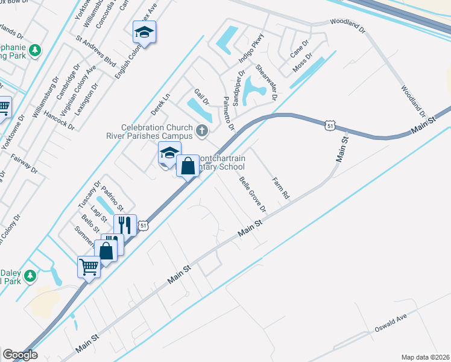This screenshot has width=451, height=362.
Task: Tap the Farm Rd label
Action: click(281, 188)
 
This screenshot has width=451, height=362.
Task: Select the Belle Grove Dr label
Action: click(253, 194)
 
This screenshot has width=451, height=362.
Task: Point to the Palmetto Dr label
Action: click(228, 113)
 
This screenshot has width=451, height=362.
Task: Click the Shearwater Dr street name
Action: click(265, 82)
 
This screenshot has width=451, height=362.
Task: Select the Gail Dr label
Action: click(201, 97)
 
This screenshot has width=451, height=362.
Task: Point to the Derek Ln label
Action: click(161, 103)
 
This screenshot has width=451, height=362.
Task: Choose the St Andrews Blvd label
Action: click(96, 53)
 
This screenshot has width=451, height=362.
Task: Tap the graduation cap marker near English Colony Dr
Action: click(145, 31)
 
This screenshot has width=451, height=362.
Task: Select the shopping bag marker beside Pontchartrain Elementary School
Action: click(188, 164)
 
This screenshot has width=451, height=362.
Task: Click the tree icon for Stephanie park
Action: click(36, 49)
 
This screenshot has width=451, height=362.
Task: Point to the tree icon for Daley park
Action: click(30, 276)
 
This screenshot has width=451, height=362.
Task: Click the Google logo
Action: click(20, 355)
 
